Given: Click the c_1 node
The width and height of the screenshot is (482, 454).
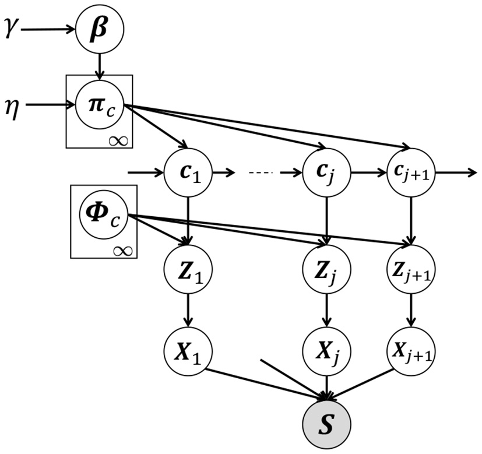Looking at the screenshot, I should pos(188,173).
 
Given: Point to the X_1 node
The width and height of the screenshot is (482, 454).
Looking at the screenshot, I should pos(188,351).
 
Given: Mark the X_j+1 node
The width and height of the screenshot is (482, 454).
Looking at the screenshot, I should pos(411,351).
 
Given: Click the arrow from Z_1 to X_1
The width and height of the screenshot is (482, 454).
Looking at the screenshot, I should pos(188,311).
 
